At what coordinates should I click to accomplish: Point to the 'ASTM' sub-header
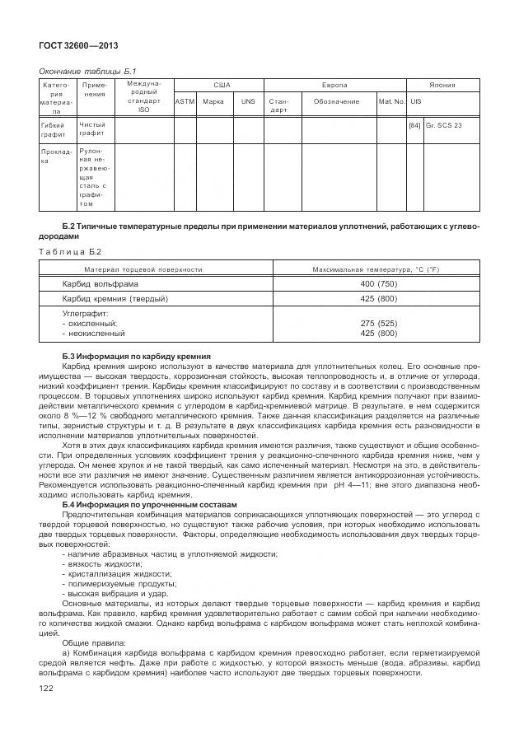185,101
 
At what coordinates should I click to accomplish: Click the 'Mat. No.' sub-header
391,101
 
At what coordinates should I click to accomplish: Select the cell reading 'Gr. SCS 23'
447,125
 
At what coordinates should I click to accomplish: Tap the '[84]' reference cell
415,125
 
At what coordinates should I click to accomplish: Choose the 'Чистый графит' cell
91,129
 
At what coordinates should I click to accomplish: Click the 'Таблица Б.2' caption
70,251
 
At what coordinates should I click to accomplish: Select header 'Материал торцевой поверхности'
143,269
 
